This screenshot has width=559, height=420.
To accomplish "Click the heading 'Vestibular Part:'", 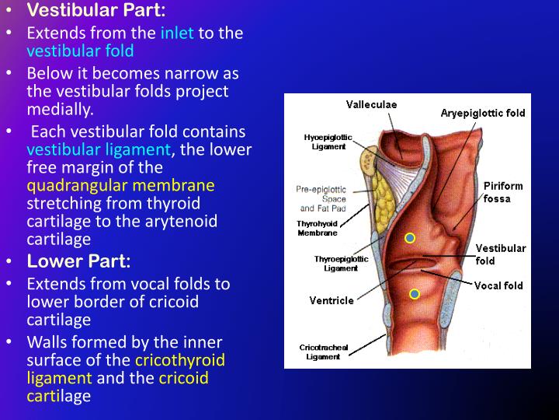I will point(96,12).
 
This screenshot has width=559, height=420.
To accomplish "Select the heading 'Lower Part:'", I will point(78,261).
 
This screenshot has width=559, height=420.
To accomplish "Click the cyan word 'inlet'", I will point(177,33).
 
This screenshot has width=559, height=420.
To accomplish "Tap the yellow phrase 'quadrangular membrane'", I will point(120,185).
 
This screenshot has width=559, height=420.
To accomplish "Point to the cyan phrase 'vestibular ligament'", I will point(99,149).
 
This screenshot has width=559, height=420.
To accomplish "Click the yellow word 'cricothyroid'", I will point(180,360).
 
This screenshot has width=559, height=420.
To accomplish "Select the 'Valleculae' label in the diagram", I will point(370,105).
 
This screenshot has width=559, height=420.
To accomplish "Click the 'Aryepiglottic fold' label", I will point(482,113).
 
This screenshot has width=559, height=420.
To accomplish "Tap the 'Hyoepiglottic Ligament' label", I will point(328,142).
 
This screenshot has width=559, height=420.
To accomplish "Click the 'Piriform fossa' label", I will point(503,192).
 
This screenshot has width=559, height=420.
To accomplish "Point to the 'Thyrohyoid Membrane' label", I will point(317,228).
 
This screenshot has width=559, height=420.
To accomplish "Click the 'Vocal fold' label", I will point(498,285).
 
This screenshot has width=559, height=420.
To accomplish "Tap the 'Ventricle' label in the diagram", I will point(331,300).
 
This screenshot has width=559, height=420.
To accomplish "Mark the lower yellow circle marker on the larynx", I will point(415,293).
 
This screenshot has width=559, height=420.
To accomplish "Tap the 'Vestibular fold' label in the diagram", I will point(500,254).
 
